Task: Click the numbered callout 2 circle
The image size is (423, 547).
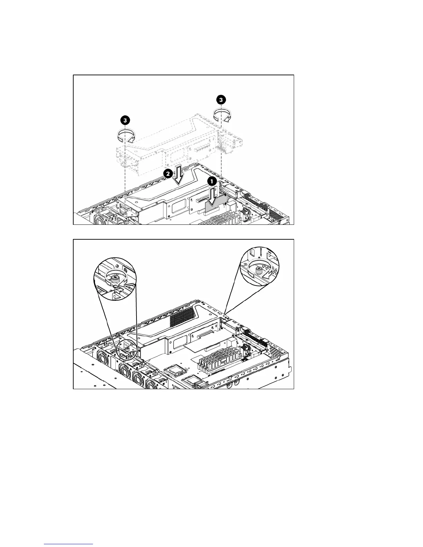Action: (168, 173)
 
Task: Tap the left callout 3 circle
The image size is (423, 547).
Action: (125, 120)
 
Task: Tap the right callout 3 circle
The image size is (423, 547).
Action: (221, 99)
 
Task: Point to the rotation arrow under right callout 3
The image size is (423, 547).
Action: (221, 115)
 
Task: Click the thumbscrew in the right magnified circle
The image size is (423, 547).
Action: (258, 270)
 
